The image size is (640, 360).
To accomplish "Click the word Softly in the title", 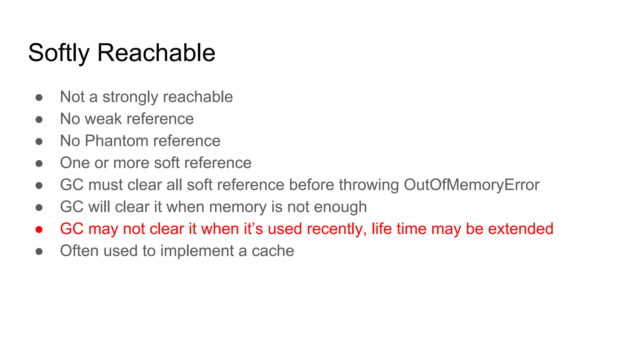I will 59,53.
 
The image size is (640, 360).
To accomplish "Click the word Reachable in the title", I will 156,52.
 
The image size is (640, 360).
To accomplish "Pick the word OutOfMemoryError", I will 472,185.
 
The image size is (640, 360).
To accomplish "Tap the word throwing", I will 369,185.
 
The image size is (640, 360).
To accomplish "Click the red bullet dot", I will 39,230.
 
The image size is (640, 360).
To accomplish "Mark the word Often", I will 80,251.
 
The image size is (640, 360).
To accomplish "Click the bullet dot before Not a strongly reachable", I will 39,97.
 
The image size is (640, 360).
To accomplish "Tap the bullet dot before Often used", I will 39,252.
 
